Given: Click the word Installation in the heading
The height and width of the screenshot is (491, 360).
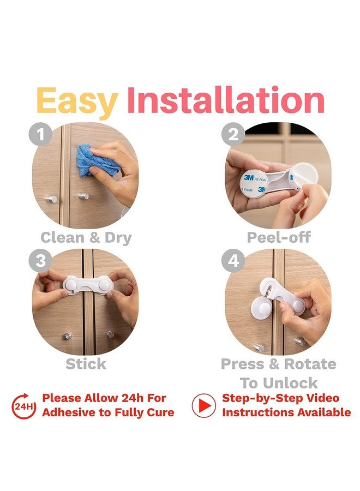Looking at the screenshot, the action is click(226, 100).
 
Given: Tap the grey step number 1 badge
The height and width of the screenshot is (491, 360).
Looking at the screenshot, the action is click(40, 135).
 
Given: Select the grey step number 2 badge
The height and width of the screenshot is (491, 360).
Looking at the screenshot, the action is click(233, 134).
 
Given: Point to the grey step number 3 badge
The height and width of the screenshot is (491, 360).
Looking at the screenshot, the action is click(40, 261).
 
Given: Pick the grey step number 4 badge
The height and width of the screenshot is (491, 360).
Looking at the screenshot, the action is click(233, 261).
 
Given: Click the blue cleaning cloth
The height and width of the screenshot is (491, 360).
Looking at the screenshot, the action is click(95, 160).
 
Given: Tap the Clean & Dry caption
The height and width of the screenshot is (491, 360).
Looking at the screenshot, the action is click(86, 238).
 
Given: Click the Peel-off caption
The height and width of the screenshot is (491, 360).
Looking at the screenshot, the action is click(279, 237).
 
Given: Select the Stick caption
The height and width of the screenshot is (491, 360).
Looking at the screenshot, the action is click(86, 364).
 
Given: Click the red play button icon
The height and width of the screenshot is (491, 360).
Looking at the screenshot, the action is click(204, 405).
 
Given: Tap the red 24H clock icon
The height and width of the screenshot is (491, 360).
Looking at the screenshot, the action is click(24, 406).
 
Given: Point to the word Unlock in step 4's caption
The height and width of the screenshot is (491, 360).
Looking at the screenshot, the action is click(290, 383).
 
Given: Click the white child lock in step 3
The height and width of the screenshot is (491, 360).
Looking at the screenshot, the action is click(87, 285).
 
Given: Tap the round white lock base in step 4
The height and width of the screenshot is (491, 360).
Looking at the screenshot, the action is click(262, 308).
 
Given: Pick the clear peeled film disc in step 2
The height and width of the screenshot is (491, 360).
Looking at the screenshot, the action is click(304, 175).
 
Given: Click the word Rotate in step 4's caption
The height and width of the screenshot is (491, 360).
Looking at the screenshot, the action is click(310, 364).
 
